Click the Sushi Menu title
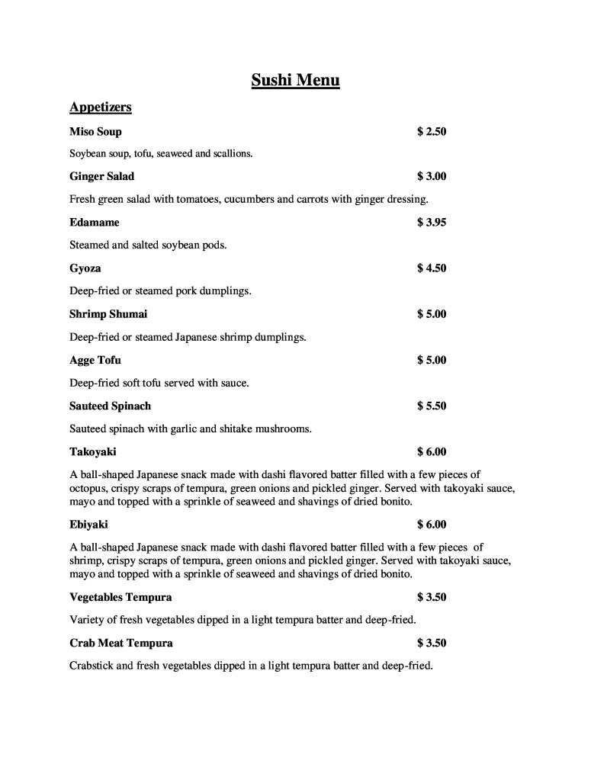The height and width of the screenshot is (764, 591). (x=295, y=80)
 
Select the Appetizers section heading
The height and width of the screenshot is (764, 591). (x=101, y=107)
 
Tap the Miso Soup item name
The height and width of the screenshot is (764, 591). (x=95, y=131)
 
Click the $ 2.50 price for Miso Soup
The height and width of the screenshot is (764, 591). (x=432, y=131)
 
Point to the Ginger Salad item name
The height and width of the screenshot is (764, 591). (x=101, y=176)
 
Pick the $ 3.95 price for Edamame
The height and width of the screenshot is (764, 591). (x=432, y=222)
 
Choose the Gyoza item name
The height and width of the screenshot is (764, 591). (x=85, y=268)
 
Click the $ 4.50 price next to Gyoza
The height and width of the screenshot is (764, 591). (x=432, y=268)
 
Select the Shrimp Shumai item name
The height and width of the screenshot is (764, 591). (x=108, y=314)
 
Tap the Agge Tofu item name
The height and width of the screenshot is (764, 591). (x=95, y=360)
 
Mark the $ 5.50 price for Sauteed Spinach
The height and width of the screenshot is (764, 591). (x=432, y=406)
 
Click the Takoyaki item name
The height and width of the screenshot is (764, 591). (x=93, y=451)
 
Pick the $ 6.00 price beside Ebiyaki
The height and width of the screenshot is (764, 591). (x=432, y=524)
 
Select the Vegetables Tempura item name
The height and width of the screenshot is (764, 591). (x=120, y=597)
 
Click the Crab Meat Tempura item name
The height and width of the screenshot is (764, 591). (x=121, y=643)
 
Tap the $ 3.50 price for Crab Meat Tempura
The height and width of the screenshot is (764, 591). (x=432, y=643)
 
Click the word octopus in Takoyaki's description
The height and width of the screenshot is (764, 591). (x=88, y=488)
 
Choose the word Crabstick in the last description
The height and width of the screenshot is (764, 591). (x=92, y=666)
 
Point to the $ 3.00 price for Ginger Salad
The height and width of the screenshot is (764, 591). (x=432, y=176)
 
